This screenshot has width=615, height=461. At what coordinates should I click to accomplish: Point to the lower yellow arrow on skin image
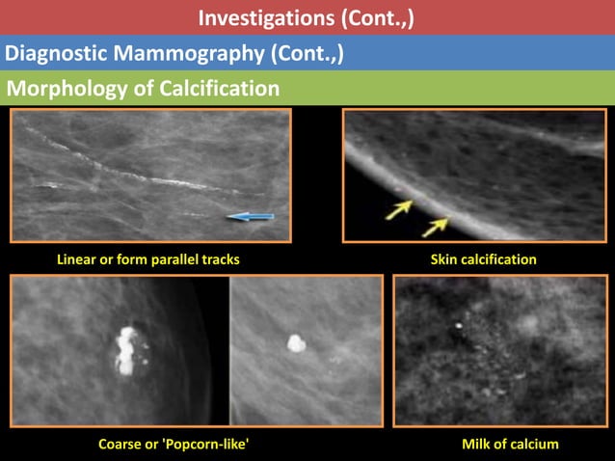pos(435,227)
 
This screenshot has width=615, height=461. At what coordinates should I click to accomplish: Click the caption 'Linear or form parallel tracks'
pos(148,259)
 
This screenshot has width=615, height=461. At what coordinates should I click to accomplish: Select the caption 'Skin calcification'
pos(483,259)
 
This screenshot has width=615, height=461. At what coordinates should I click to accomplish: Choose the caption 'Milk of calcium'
pos(510,445)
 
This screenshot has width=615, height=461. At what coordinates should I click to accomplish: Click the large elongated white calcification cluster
pos(126,349)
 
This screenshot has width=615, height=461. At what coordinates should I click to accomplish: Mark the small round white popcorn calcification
pos(296,344)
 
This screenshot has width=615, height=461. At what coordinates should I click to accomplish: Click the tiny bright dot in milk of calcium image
pos(458,326)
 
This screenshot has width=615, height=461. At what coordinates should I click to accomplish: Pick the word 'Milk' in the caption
pos(478,445)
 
